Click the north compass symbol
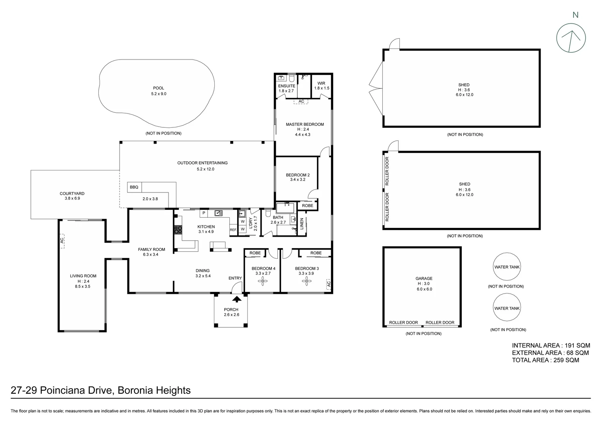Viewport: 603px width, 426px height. coord(571,38)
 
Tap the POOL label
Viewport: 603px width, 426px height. coord(159,88)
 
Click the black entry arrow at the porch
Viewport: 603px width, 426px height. coord(236,301)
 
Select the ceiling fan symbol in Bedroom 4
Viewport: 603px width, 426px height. coord(263,281)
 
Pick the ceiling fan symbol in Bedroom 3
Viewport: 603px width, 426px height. coord(306,281)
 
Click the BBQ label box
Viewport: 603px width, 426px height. coord(134,187)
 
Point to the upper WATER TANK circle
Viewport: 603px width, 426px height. coord(507,267)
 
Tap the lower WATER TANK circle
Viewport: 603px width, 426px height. coord(507,308)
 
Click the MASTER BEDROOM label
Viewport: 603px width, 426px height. coord(305,125)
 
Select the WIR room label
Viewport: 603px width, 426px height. coord(321,84)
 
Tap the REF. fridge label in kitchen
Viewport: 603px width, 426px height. coord(233,230)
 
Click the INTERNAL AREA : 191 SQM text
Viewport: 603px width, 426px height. coord(551,346)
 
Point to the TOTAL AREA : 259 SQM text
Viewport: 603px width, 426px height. coord(545,360)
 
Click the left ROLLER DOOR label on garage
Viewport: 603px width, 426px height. coord(403,323)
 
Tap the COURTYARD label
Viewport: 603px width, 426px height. coord(72,194)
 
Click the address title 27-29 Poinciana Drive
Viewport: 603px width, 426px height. coord(101,390)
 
